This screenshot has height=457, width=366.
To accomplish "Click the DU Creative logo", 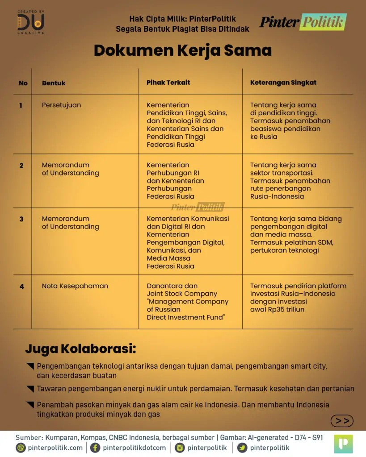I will click(30, 22).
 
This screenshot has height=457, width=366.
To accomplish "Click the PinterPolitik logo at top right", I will click(303, 21).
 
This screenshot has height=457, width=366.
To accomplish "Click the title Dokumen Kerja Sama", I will click(183, 50).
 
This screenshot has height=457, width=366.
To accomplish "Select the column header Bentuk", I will click(54, 83).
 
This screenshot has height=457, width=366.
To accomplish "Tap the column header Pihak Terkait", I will click(168, 83).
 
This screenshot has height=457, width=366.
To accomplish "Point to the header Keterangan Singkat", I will click(283, 83).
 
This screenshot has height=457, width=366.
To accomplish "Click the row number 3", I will click(21, 219).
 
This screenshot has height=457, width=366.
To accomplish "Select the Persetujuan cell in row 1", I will click(61, 105).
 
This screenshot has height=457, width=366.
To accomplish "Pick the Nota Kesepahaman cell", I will click(75, 286).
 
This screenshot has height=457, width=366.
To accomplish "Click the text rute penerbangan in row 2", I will click(280, 188).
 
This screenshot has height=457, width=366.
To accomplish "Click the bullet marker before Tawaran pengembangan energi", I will click(30, 389).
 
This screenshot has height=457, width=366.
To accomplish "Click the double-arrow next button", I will click(342, 421).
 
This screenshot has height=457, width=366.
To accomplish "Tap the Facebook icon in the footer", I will click(95, 448).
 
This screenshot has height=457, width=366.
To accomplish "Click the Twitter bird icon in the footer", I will click(242, 448).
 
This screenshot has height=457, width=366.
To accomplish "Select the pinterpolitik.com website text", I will click(55, 448).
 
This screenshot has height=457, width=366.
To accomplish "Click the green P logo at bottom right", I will click(343, 444).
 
